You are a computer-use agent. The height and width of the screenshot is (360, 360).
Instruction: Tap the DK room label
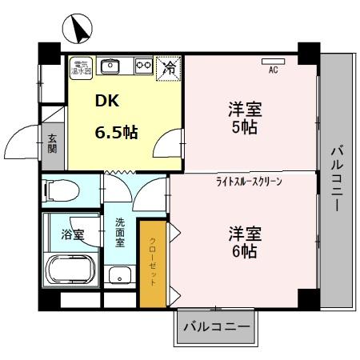click(x=106, y=102)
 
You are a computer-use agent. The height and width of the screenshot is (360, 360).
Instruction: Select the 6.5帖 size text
click(x=116, y=132)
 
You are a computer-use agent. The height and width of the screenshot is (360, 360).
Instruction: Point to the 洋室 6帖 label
click(x=244, y=242)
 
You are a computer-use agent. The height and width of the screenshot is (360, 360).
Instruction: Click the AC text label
click(x=273, y=70)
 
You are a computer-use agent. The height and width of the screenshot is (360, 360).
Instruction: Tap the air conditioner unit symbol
click(x=273, y=61)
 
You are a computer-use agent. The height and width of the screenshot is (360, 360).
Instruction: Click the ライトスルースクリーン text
click(x=249, y=182)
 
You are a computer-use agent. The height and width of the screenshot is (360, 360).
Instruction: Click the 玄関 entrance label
click(x=51, y=144)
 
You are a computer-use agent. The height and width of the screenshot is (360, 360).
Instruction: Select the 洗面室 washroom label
click(x=120, y=233)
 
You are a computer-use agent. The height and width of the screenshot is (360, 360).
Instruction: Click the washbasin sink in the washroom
click(x=121, y=276)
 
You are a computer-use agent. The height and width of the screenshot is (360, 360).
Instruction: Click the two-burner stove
click(x=143, y=66)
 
